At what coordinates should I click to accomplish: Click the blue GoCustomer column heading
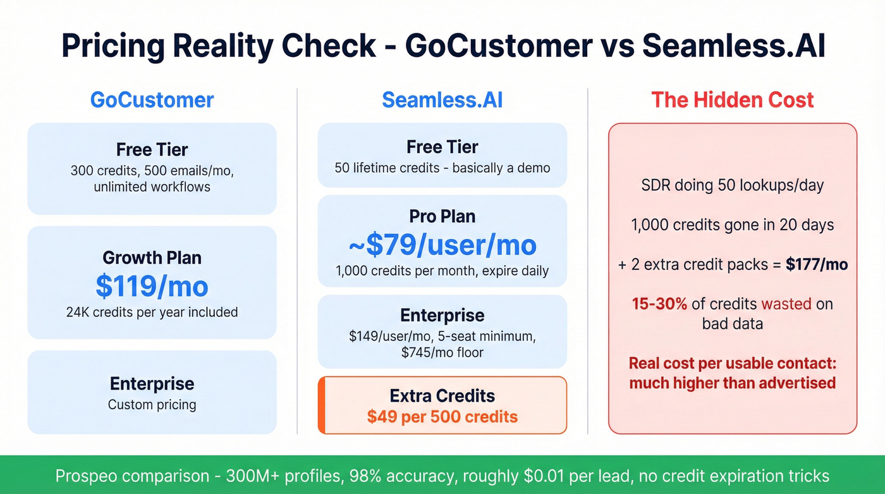coord(152,100)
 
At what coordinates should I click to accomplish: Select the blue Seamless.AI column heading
coord(442,100)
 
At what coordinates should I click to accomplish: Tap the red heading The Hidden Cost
coord(733,100)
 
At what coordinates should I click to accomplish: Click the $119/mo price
coord(152,286)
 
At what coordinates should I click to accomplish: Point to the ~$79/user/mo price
coord(442,245)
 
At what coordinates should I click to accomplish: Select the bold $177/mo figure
coord(816,264)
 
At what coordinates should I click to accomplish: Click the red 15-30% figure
coord(659,304)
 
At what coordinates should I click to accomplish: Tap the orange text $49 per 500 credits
coord(442,417)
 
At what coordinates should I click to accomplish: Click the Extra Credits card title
coord(442,396)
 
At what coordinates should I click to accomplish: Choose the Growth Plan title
coord(152,258)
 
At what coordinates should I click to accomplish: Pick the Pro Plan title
coord(442,216)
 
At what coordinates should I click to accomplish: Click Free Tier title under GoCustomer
coord(152,149)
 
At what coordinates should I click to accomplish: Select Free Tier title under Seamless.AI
coord(442,147)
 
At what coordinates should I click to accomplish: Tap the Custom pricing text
coord(152,405)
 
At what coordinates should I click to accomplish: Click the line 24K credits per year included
coord(152,312)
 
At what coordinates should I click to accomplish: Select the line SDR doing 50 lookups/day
coord(733,186)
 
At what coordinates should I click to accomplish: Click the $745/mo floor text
coord(442,352)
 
